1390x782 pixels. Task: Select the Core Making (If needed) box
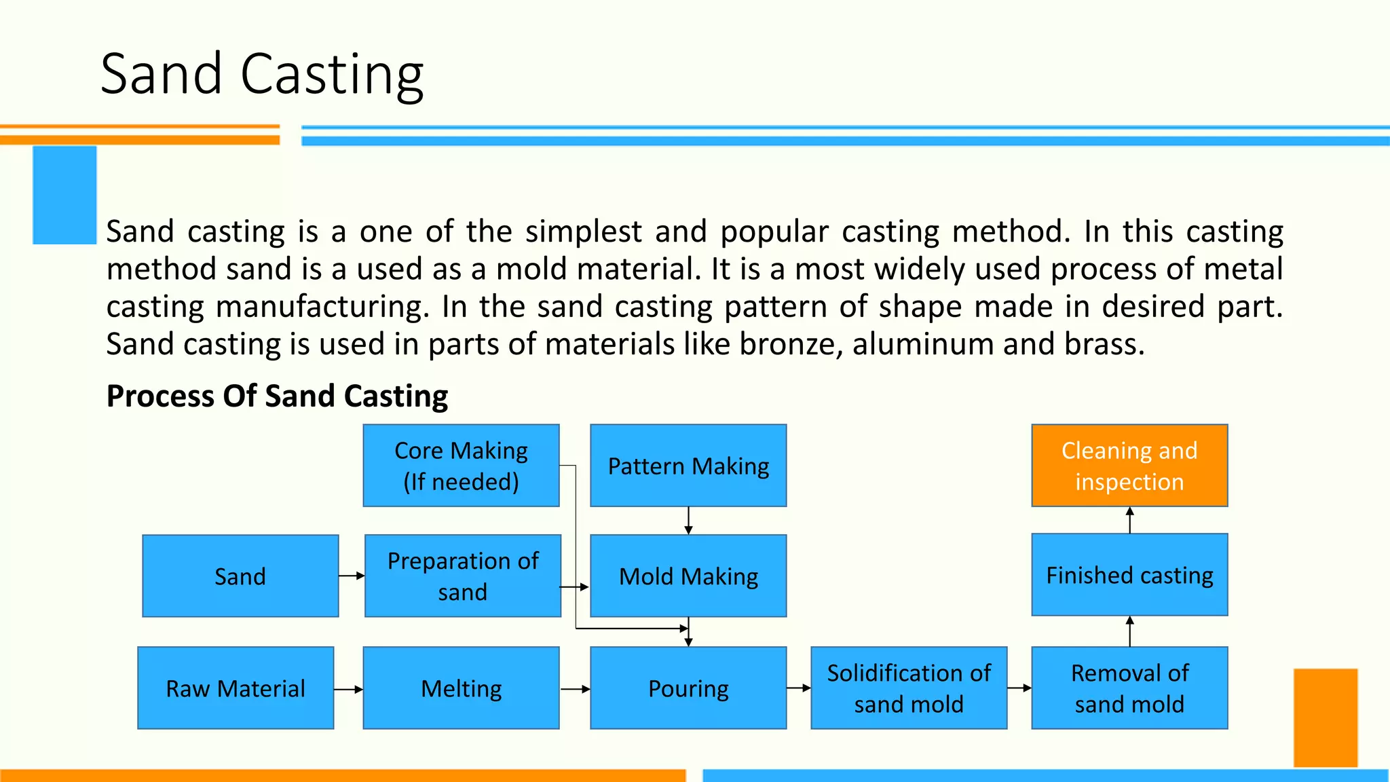tap(461, 466)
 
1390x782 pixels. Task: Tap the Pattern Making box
tap(688, 466)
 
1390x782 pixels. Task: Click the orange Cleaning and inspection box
tap(1129, 466)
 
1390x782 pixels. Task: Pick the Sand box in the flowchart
tap(240, 576)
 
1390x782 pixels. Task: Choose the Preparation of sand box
tap(462, 576)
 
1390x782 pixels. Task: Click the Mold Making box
tap(688, 576)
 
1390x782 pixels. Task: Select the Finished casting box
tap(1129, 575)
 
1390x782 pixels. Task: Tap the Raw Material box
tap(236, 688)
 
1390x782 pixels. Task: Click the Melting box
tap(461, 688)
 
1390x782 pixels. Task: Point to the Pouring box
tap(688, 688)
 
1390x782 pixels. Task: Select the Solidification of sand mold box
tap(909, 688)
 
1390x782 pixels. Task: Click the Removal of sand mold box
tap(1129, 688)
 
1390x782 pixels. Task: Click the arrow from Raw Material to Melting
tap(348, 690)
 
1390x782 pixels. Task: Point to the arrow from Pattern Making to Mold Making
tap(688, 521)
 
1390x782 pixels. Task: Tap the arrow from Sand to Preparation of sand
tap(352, 576)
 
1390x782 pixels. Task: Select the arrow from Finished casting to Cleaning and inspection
tap(1129, 520)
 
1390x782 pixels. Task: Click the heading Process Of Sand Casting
tap(277, 396)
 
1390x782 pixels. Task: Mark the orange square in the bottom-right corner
tap(1325, 718)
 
